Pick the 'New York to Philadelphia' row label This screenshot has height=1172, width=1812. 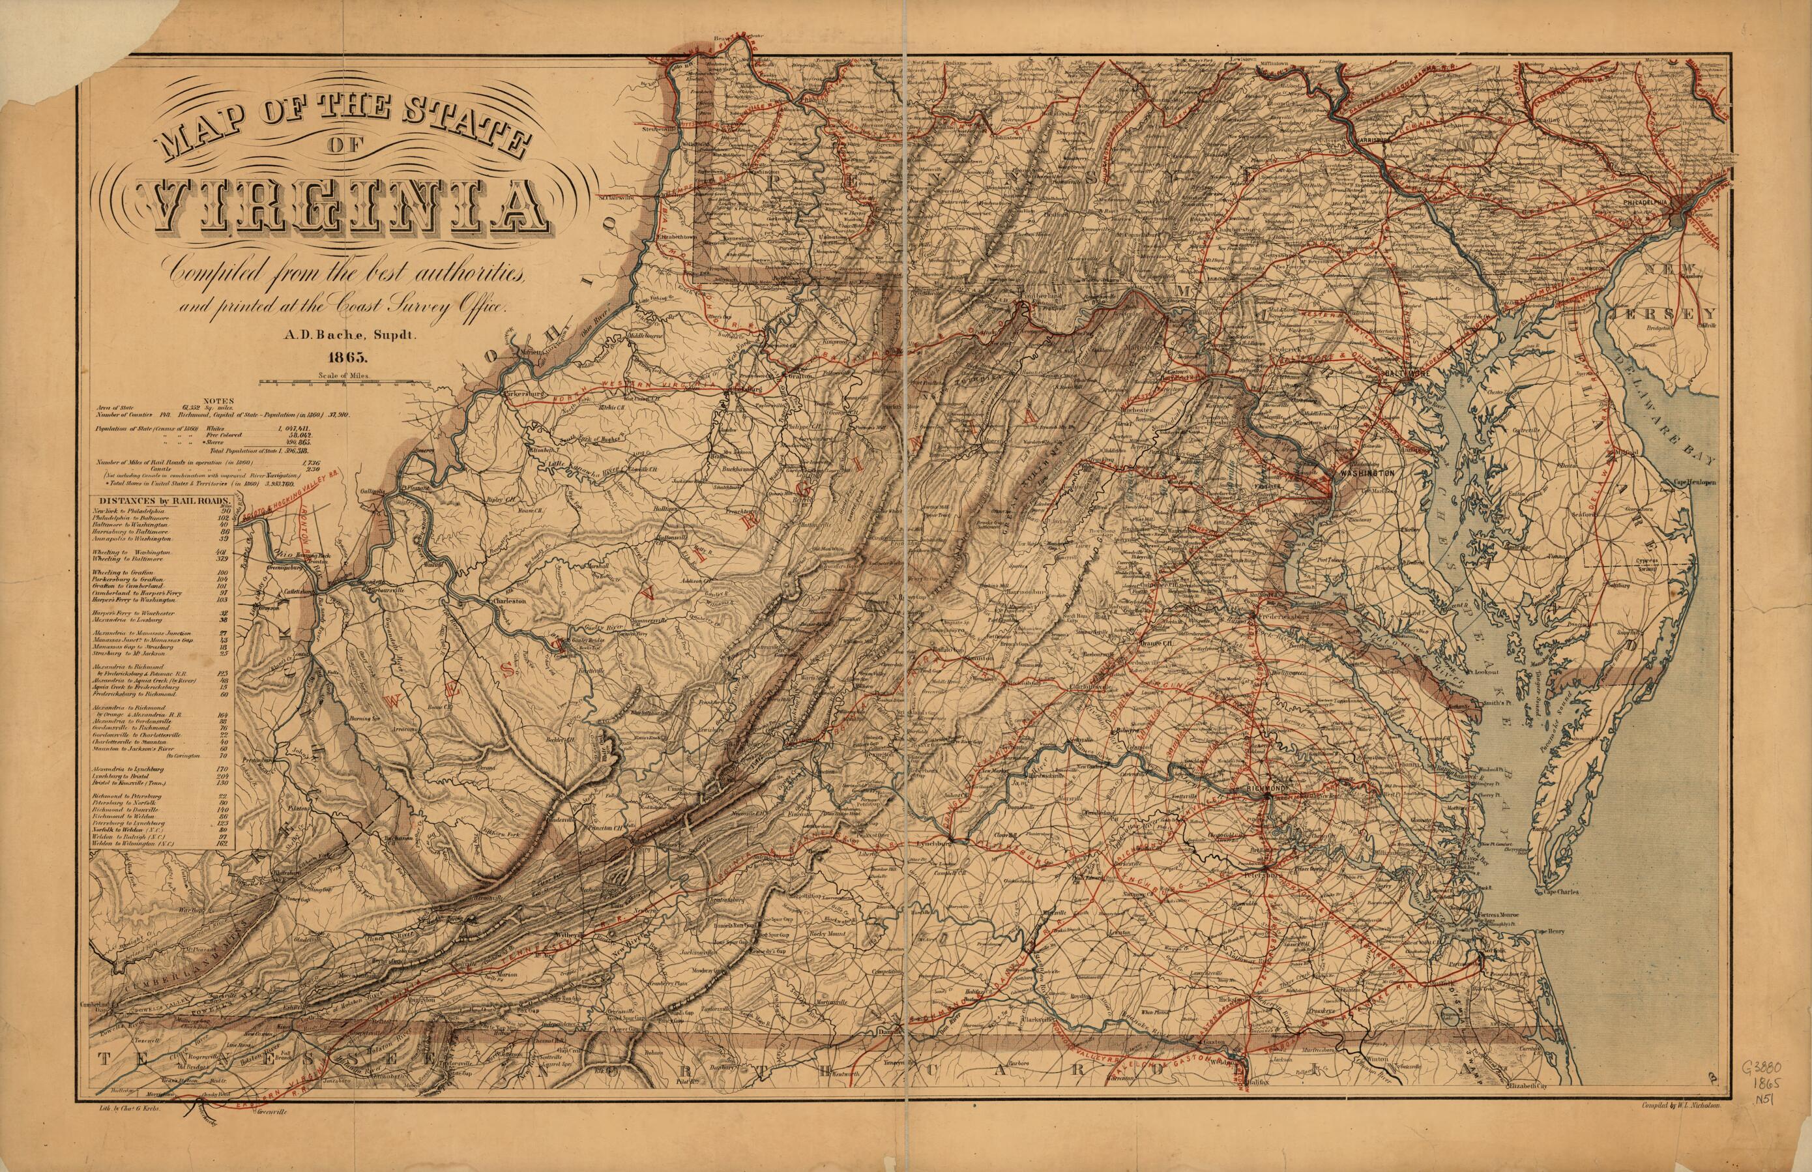(x=129, y=512)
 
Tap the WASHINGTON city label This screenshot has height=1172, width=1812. (x=1366, y=473)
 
